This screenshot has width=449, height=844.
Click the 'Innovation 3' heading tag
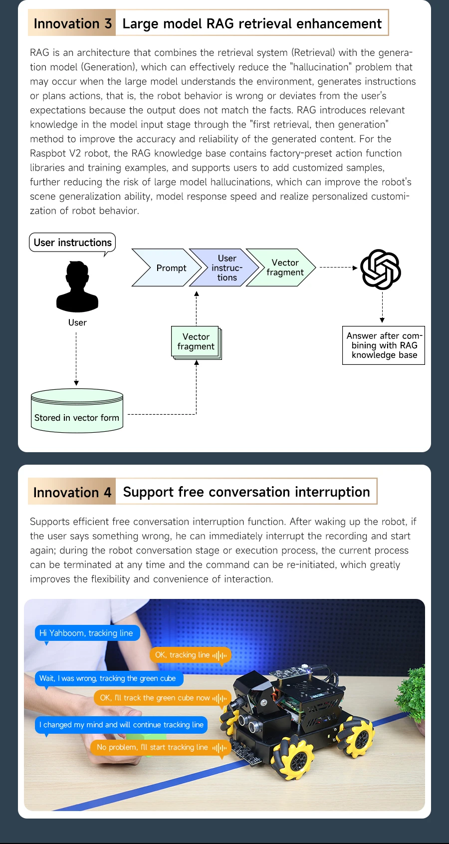(x=72, y=23)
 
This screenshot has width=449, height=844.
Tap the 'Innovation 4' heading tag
(x=72, y=492)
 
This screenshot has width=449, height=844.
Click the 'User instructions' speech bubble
(x=72, y=243)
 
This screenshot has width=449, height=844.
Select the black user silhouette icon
(x=77, y=287)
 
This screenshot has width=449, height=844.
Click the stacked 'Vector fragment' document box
(x=196, y=342)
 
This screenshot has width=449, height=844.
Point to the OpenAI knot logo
(x=381, y=269)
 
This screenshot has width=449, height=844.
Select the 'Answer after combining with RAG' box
(x=384, y=345)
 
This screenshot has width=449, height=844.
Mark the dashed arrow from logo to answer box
(x=382, y=307)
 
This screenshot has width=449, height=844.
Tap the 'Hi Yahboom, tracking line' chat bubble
(x=87, y=633)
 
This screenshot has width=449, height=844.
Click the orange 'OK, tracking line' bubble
(x=191, y=655)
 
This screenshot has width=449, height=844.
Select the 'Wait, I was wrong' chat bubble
(x=108, y=678)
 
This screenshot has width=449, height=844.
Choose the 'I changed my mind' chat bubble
(x=121, y=725)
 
